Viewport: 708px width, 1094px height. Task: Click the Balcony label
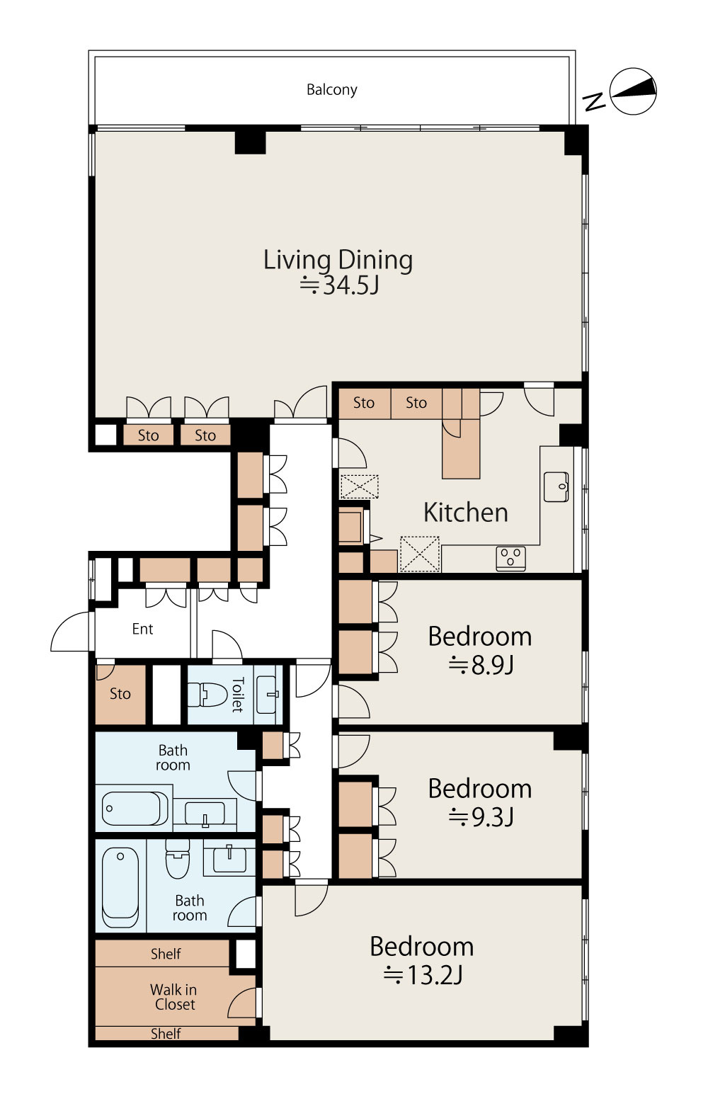pyautogui.click(x=331, y=90)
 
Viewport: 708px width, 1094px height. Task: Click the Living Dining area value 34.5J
pyautogui.click(x=340, y=285)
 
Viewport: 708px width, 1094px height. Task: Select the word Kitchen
pyautogui.click(x=465, y=513)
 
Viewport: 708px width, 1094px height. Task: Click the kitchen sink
pyautogui.click(x=556, y=486)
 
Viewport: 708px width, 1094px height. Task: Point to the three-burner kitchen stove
pyautogui.click(x=510, y=558)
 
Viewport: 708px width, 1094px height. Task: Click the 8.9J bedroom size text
pyautogui.click(x=481, y=665)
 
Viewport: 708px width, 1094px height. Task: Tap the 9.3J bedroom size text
pyautogui.click(x=481, y=816)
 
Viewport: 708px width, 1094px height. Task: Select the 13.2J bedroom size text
pyautogui.click(x=423, y=975)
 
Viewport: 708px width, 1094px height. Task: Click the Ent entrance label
pyautogui.click(x=142, y=629)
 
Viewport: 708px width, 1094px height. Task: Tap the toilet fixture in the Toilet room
pyautogui.click(x=207, y=695)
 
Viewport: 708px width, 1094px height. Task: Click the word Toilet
pyautogui.click(x=237, y=695)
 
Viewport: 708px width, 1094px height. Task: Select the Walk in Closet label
pyautogui.click(x=174, y=997)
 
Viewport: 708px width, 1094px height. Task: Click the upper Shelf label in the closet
pyautogui.click(x=166, y=953)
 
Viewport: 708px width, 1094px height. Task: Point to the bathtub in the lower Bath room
pyautogui.click(x=120, y=887)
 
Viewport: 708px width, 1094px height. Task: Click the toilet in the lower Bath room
pyautogui.click(x=177, y=858)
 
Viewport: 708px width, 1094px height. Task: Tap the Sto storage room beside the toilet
pyautogui.click(x=120, y=693)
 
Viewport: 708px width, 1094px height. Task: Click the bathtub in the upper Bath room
pyautogui.click(x=135, y=809)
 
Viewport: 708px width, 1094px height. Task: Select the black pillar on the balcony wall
pyautogui.click(x=250, y=139)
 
